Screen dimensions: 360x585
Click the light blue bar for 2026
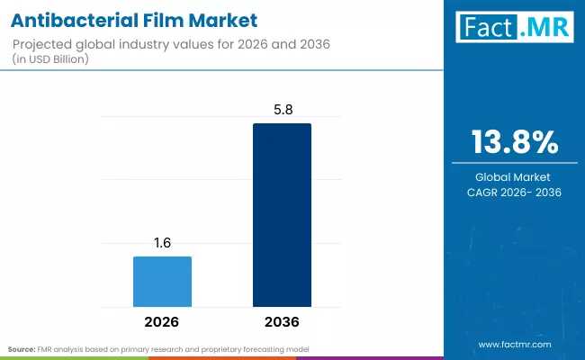(162, 282)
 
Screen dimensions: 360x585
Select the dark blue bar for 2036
(282, 216)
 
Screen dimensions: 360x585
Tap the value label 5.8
(282, 110)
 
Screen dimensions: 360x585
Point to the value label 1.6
(162, 243)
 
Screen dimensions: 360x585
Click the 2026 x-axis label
(162, 321)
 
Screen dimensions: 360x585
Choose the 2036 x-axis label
(282, 321)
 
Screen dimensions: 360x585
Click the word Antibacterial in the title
(74, 19)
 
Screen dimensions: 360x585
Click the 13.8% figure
(516, 142)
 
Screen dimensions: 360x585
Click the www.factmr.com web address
(515, 345)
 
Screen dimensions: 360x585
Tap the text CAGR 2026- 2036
(516, 192)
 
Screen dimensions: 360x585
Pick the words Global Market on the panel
(516, 176)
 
